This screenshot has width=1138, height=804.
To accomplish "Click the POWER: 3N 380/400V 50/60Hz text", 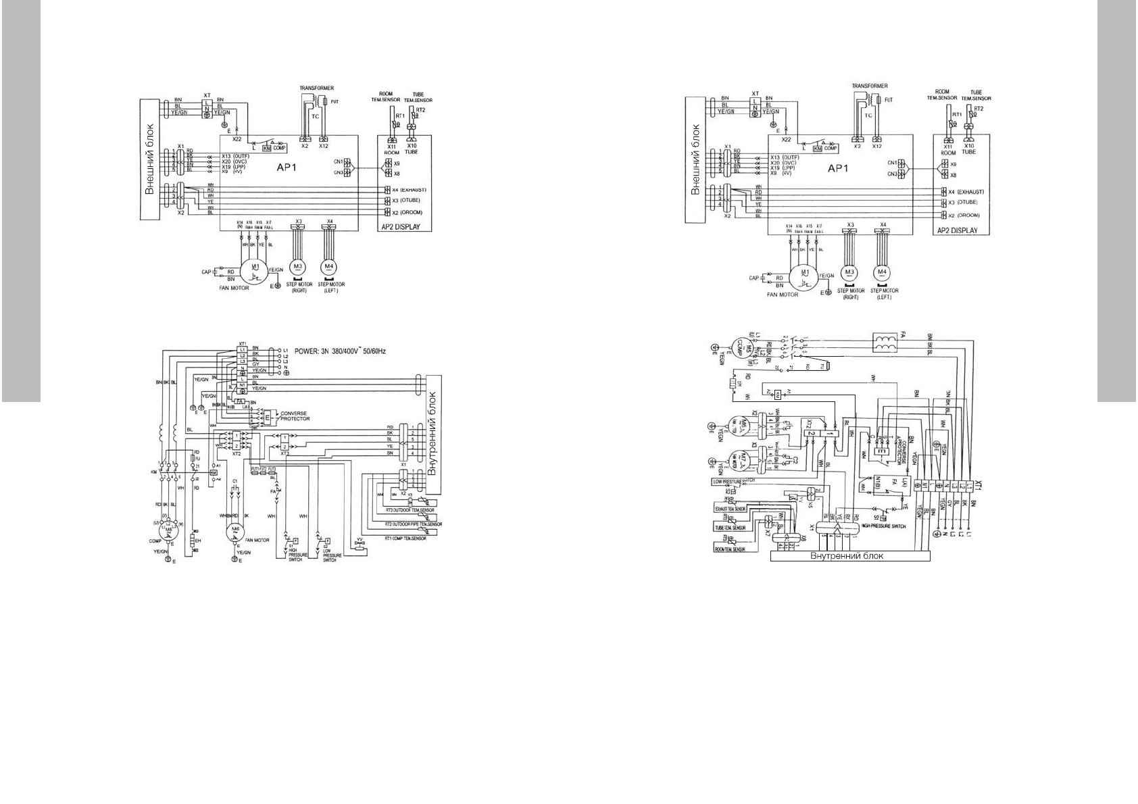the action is click(339, 351).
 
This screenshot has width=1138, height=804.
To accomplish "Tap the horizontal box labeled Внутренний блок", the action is click(850, 557).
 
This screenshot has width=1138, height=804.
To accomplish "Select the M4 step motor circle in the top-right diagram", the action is click(881, 272).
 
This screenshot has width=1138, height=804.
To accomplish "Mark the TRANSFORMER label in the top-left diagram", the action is click(316, 89).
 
